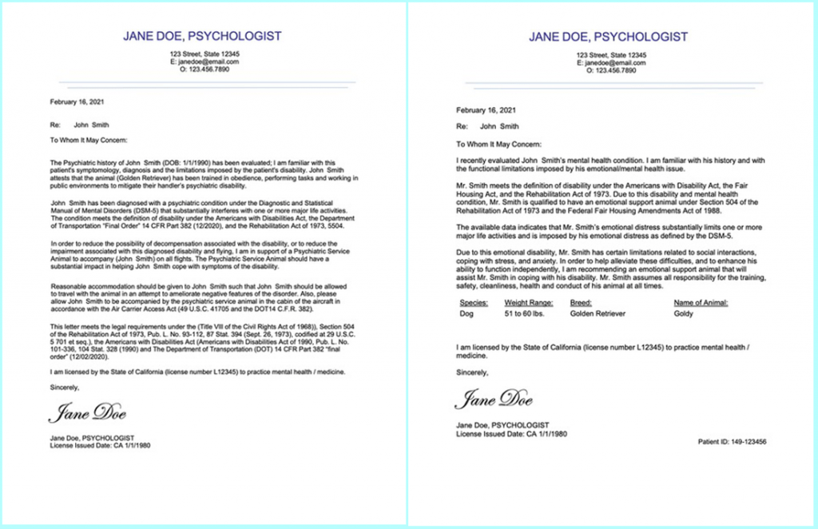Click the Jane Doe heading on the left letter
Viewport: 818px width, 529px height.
pyautogui.click(x=202, y=36)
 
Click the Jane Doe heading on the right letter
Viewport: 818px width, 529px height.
pyautogui.click(x=608, y=37)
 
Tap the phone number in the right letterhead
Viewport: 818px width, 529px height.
pyautogui.click(x=609, y=70)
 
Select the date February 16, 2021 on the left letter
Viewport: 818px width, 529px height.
pyautogui.click(x=77, y=102)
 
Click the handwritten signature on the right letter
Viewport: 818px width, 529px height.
pyautogui.click(x=494, y=400)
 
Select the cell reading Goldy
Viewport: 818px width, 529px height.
pyautogui.click(x=684, y=315)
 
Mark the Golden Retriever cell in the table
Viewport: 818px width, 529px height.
pyautogui.click(x=598, y=315)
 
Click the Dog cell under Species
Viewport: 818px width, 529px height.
pyautogui.click(x=468, y=315)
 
